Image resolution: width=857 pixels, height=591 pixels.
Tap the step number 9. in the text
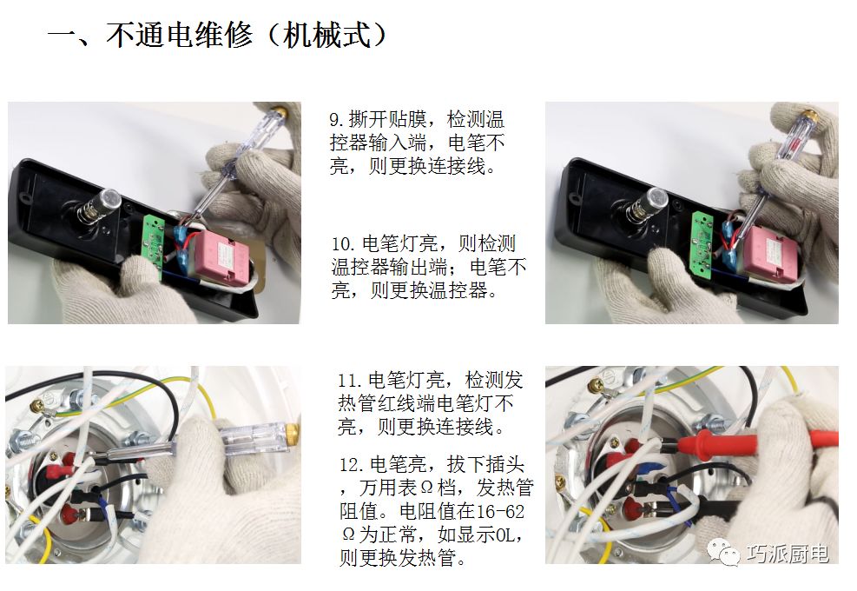[x=338, y=119]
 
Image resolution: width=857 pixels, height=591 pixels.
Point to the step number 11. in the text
[x=350, y=380]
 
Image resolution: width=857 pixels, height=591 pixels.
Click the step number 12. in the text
[x=352, y=465]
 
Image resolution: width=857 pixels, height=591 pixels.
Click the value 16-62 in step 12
[x=500, y=512]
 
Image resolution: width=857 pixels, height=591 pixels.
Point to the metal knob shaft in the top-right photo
[x=646, y=203]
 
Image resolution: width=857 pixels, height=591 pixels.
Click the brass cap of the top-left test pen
[x=280, y=112]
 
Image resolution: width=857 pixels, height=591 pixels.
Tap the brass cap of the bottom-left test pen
[x=293, y=432]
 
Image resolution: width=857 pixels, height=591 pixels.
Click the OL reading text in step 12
[x=504, y=535]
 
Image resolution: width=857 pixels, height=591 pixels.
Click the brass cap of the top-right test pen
[x=810, y=115]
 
